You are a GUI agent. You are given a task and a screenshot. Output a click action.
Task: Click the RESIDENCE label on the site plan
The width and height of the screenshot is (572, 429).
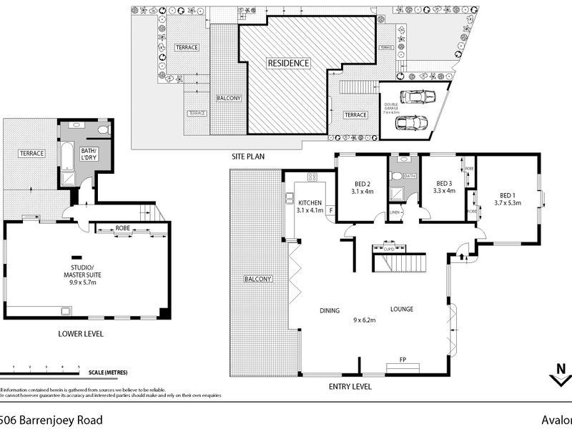coord(289,63)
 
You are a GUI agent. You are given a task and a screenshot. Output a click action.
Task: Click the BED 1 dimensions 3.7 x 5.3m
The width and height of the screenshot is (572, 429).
coord(507,202)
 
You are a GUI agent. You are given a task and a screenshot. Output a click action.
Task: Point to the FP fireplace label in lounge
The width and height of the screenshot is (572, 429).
coord(403,360)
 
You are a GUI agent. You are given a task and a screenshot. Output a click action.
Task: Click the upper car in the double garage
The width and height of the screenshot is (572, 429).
coord(417,97)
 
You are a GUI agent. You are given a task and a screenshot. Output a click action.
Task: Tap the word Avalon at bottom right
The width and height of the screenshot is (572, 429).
coord(556,420)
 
